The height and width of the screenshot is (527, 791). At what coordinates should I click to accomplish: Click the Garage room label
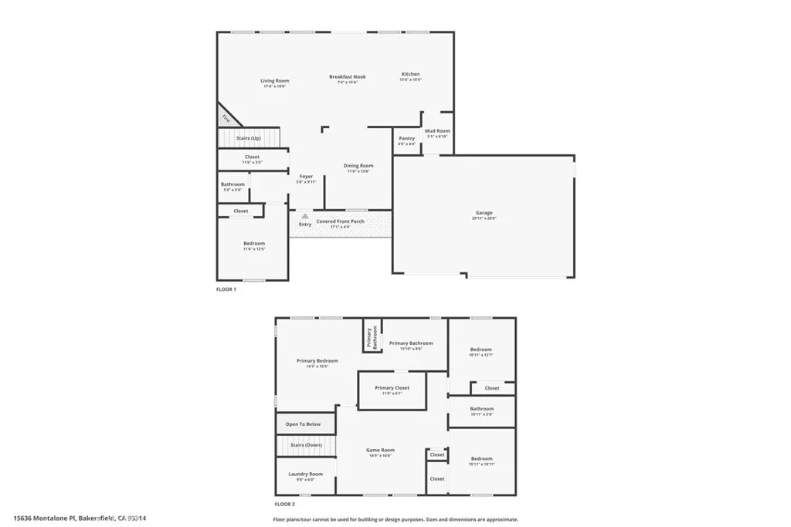[484, 213]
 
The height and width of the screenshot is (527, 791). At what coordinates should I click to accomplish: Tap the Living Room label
[274, 81]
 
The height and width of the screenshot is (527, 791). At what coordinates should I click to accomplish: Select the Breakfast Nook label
[348, 77]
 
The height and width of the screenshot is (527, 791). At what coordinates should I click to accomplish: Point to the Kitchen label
[410, 74]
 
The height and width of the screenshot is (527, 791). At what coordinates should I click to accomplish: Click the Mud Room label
[437, 131]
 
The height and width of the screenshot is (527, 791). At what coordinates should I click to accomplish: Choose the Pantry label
[406, 139]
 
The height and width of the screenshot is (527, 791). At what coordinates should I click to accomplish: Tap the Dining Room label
[358, 166]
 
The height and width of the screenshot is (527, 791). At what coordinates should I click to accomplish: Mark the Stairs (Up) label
[248, 137]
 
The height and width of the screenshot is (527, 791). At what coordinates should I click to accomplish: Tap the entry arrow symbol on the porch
[305, 217]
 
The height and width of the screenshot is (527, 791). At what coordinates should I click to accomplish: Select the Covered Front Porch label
[341, 221]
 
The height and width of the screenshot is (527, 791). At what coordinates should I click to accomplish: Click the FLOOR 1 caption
[226, 289]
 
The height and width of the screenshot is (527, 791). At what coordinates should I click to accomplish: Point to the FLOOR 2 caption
[286, 505]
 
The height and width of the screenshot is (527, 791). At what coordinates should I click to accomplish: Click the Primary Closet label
[392, 388]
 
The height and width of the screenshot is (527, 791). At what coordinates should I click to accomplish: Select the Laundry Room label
[306, 474]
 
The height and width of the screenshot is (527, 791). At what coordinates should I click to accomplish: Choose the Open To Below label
[303, 424]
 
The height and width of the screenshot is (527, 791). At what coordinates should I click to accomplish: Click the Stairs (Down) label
[306, 445]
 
